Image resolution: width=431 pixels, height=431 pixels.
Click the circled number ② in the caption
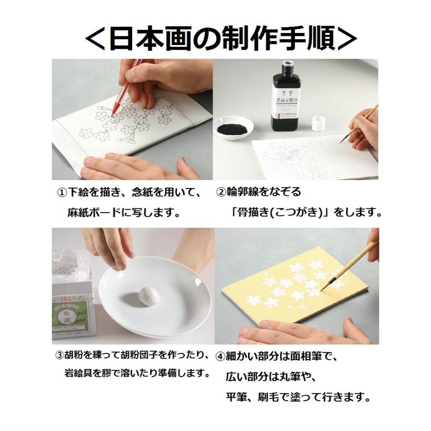click(x=221, y=192)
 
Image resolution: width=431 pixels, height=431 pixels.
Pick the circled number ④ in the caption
click(x=220, y=356)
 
